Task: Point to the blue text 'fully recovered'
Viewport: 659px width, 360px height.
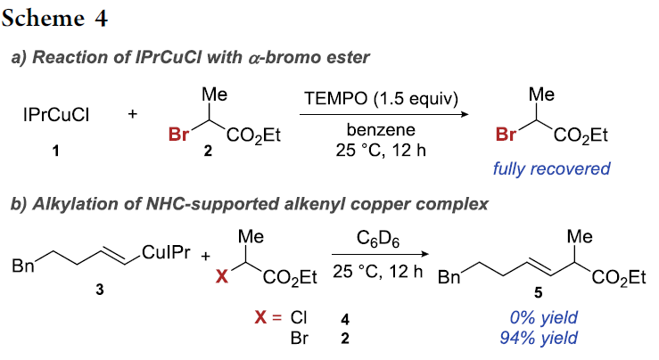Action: click(x=554, y=168)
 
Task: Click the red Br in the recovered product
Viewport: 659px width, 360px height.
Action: click(x=506, y=136)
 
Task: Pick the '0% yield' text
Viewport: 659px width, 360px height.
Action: click(x=536, y=318)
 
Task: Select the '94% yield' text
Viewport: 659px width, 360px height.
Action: click(x=536, y=338)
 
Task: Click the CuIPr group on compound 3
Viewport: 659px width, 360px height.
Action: click(x=166, y=257)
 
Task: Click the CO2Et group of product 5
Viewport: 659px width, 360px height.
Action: click(x=619, y=278)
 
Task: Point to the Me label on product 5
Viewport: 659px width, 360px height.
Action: click(x=581, y=238)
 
